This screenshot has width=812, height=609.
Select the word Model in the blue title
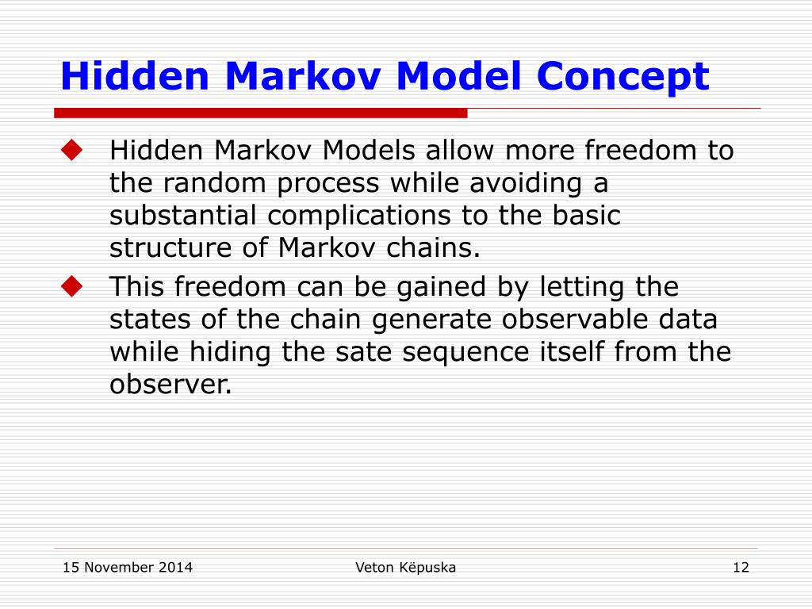[x=458, y=75]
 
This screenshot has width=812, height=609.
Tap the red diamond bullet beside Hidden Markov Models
[x=71, y=150]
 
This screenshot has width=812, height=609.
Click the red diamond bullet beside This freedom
[x=71, y=286]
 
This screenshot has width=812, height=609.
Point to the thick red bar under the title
[x=260, y=113]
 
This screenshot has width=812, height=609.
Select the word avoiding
[x=526, y=183]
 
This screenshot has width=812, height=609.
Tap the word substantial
[x=183, y=216]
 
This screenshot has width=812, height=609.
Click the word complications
[x=359, y=216]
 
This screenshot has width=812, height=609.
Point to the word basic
[x=586, y=216]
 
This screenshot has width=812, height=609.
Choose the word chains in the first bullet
[x=433, y=247]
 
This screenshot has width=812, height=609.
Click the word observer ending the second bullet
[x=170, y=385]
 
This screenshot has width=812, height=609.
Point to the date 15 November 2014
[x=128, y=568]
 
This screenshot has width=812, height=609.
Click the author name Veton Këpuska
[x=405, y=568]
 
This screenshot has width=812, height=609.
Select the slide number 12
[x=741, y=568]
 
